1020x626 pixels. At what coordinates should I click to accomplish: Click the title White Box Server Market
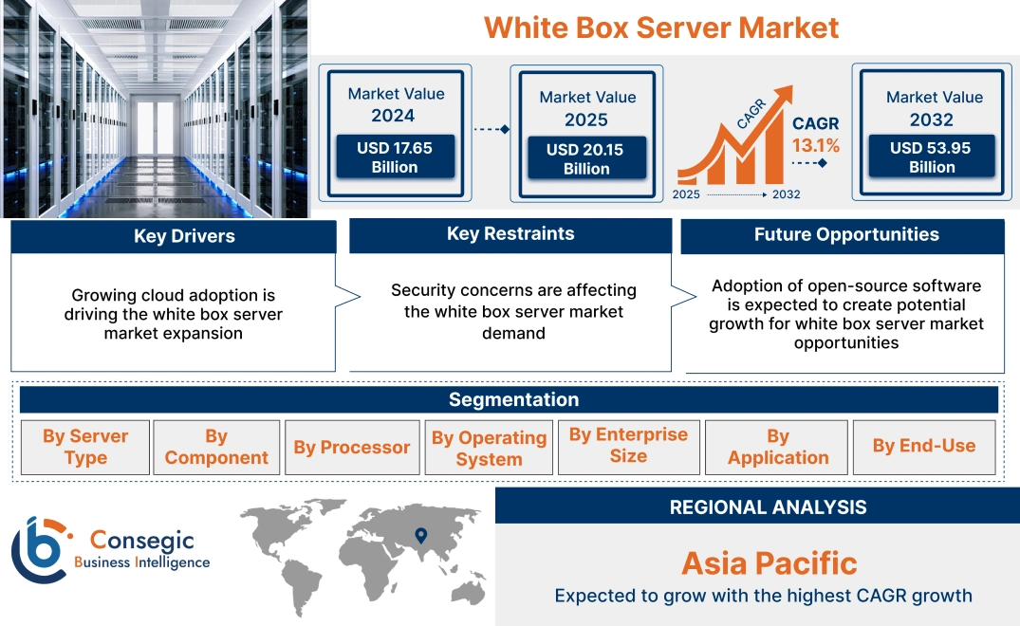(661, 27)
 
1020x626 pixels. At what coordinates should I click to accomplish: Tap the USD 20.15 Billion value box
(586, 158)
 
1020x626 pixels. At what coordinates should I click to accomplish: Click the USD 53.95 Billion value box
(932, 156)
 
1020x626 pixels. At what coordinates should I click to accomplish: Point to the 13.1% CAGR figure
(815, 145)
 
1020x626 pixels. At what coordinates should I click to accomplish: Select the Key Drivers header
(183, 237)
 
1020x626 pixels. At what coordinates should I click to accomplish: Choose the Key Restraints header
(510, 234)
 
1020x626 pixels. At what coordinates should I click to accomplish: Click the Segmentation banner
(512, 399)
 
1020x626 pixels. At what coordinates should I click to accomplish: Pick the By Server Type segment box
(85, 447)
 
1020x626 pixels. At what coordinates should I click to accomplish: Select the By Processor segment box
(351, 447)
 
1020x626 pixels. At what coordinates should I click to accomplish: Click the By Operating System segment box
(489, 448)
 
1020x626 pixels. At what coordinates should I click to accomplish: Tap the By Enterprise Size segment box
(628, 446)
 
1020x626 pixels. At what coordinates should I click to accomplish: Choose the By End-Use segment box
(923, 446)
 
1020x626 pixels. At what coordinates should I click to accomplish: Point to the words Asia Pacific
(769, 562)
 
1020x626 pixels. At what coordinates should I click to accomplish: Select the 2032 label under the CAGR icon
(787, 194)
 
